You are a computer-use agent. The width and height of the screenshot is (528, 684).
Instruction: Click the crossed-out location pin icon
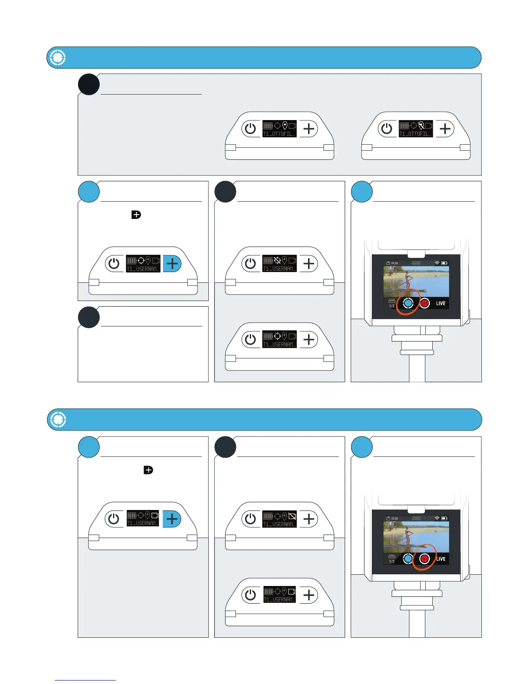(x=421, y=126)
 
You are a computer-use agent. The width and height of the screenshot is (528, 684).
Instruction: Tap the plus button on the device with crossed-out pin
(x=445, y=129)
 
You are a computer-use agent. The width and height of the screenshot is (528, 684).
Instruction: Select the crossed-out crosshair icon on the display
(x=277, y=260)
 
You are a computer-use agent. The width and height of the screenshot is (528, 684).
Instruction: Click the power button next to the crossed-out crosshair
(x=250, y=263)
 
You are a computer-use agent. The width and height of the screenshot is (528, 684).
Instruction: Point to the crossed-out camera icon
(x=292, y=516)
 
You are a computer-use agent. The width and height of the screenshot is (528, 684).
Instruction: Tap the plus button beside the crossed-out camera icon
(x=308, y=519)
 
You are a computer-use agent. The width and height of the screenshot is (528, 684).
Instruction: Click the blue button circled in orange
(x=408, y=303)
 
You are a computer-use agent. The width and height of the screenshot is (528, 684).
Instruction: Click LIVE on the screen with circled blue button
(x=440, y=304)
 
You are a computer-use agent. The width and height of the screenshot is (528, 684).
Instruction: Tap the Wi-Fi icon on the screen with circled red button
(x=437, y=518)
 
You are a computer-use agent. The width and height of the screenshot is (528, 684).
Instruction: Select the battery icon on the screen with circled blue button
(x=444, y=263)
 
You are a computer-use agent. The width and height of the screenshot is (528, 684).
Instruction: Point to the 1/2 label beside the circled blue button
(x=392, y=306)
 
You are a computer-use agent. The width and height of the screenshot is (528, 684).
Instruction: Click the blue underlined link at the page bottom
(x=85, y=681)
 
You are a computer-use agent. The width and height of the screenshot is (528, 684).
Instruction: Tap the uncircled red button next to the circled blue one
(x=424, y=303)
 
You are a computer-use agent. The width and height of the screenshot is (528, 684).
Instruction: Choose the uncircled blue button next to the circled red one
(x=408, y=559)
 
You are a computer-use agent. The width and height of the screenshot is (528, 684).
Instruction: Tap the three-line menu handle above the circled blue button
(x=416, y=263)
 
